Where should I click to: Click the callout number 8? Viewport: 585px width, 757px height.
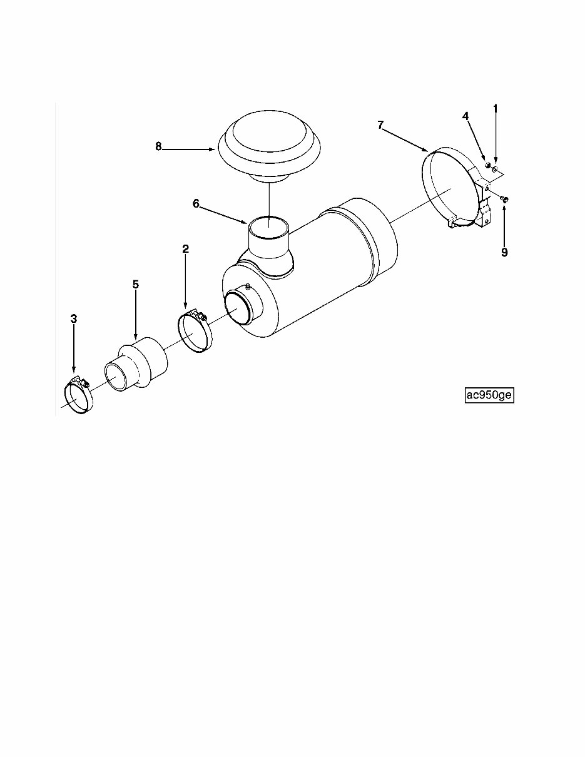(x=158, y=146)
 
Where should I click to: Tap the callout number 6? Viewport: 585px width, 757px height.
(x=196, y=203)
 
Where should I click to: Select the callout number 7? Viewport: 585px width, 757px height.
(x=380, y=125)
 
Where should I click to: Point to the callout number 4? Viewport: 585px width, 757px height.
(x=465, y=116)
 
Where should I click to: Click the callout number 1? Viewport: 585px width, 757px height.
(x=496, y=109)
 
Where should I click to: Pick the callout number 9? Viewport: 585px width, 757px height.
(x=504, y=252)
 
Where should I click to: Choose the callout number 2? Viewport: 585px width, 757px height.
(x=185, y=249)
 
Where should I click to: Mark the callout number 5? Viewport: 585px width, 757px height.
(x=135, y=284)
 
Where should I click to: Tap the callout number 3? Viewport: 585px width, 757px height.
(x=74, y=319)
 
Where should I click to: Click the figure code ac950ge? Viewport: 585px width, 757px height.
(x=489, y=395)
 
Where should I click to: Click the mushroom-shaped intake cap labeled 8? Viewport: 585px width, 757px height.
(x=269, y=144)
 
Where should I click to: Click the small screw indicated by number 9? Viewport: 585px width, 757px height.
(x=506, y=199)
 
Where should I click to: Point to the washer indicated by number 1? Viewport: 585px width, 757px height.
(x=495, y=170)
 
